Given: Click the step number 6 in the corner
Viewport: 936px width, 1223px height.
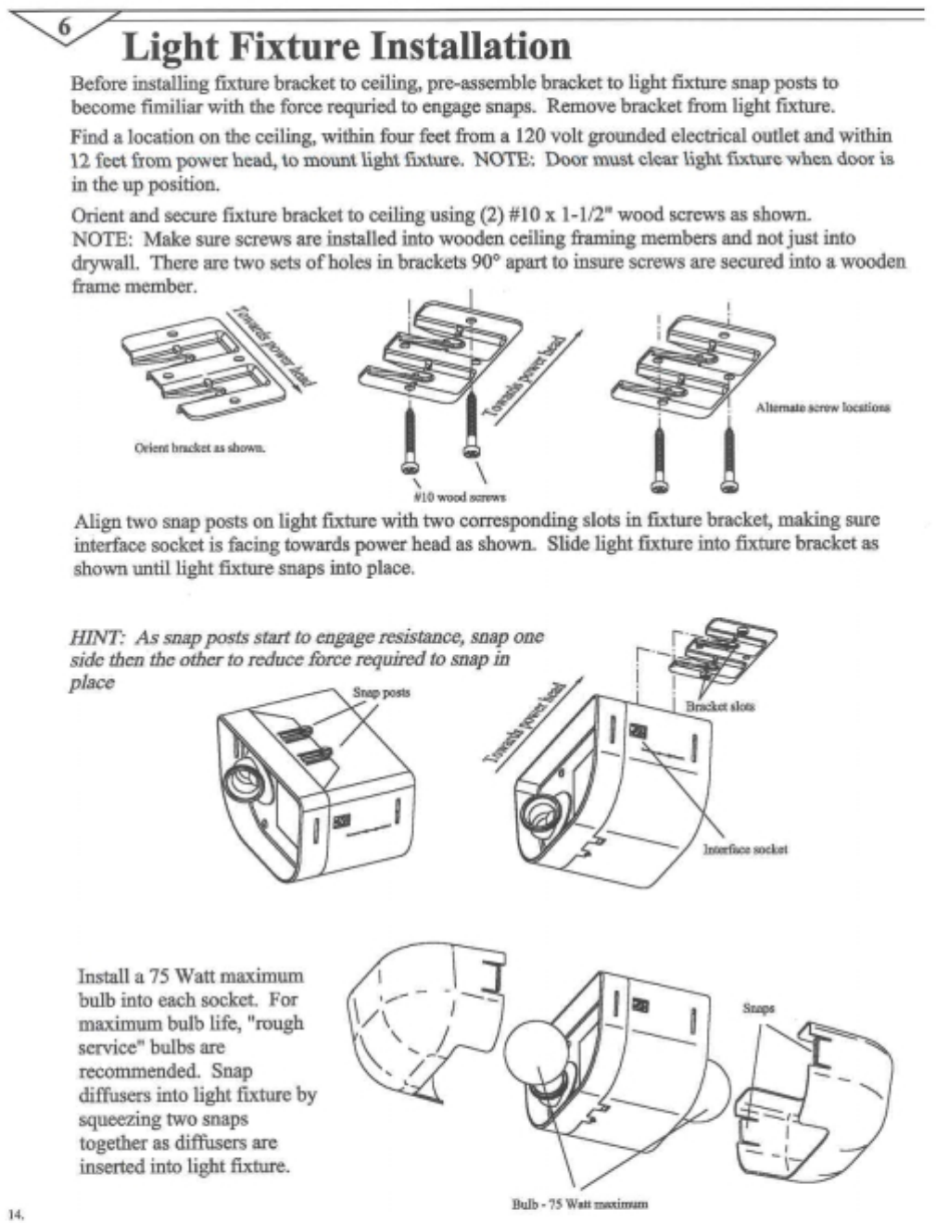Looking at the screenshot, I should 64,27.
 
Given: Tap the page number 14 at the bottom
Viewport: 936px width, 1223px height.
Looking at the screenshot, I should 16,1213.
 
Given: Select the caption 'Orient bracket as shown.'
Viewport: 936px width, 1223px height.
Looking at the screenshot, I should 200,448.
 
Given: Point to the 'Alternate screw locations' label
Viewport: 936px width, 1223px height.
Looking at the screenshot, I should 822,407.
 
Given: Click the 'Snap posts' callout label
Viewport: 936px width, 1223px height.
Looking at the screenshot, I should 381,692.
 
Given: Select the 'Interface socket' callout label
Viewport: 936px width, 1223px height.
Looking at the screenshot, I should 745,849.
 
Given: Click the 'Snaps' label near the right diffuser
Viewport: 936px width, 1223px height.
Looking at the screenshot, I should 758,1008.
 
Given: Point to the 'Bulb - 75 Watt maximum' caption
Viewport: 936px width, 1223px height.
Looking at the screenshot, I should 579,1204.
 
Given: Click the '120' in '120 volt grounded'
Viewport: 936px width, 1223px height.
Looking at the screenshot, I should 533,135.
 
